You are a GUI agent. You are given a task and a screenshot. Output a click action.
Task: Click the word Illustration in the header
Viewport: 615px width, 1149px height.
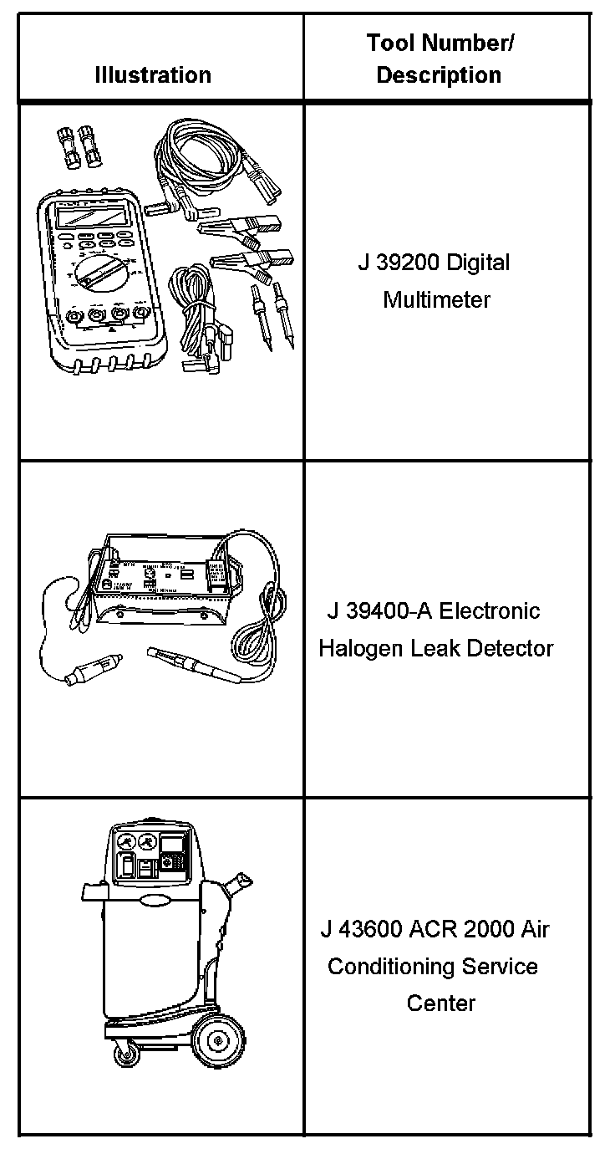pos(152,75)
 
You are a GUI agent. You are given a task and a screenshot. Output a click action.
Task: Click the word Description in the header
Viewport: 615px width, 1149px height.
pos(439,75)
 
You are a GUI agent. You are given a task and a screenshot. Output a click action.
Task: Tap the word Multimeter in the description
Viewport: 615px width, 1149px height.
pos(437,299)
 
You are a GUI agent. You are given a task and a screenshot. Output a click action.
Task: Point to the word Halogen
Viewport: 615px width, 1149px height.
pos(361,648)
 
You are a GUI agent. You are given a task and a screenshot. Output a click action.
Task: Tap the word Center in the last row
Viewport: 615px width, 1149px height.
pos(440,1003)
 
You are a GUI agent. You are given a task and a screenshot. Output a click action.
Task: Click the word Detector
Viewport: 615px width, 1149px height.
pos(511,648)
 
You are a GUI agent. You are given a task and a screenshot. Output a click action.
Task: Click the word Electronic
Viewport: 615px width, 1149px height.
pos(490,611)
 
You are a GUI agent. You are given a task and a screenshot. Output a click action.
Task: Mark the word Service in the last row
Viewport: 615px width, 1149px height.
pos(500,967)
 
